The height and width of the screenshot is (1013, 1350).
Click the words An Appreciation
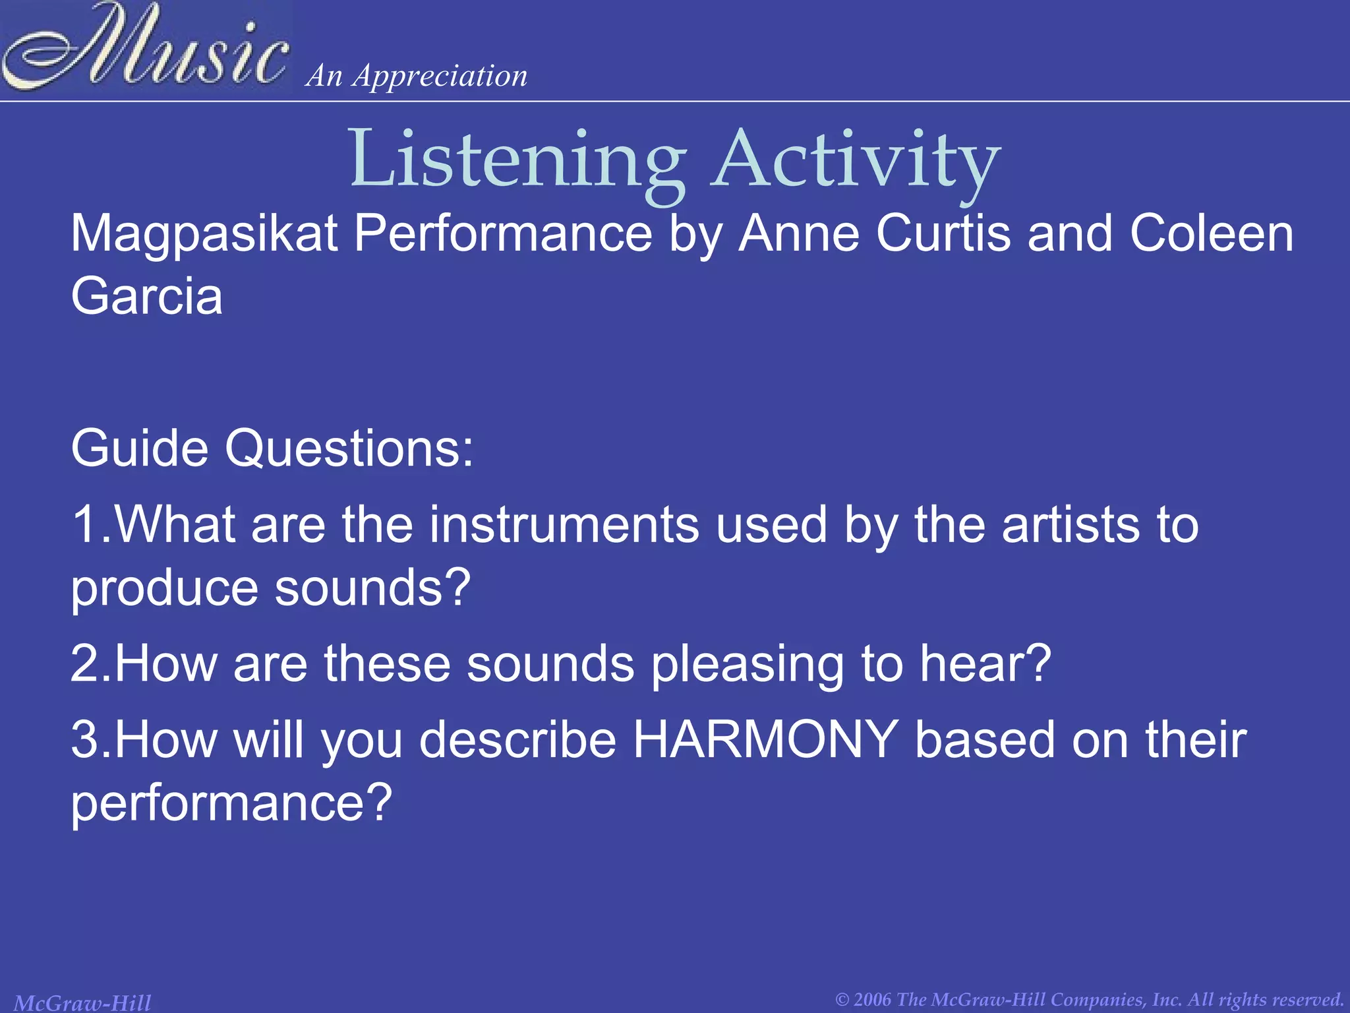click(x=417, y=76)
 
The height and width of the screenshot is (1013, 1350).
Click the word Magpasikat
click(x=204, y=235)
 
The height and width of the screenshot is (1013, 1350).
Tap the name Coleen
click(x=1212, y=233)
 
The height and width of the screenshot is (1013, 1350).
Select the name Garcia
click(x=146, y=297)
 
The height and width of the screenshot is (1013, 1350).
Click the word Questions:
click(x=349, y=448)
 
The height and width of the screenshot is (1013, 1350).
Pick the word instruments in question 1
click(x=564, y=525)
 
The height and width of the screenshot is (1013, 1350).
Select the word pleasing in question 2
click(x=748, y=665)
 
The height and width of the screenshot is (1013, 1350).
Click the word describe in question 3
click(x=517, y=740)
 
